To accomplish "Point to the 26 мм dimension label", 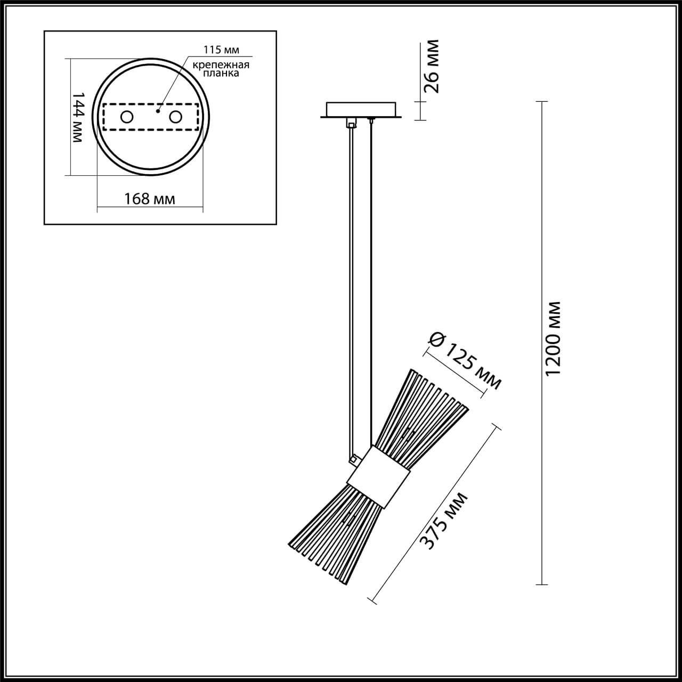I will click(433, 66).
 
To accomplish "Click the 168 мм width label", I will click(150, 199).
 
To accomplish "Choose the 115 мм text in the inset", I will click(221, 50).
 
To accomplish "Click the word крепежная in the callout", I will click(221, 65).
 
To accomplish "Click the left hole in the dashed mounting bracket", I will click(127, 117).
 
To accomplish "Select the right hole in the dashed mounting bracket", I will click(176, 117).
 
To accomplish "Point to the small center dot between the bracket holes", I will click(158, 112).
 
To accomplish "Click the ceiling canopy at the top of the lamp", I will click(361, 110).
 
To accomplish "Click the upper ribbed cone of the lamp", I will click(421, 410).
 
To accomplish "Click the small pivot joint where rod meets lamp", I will click(352, 458).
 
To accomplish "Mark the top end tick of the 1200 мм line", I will click(542, 101).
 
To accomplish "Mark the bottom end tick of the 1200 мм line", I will click(542, 584).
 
